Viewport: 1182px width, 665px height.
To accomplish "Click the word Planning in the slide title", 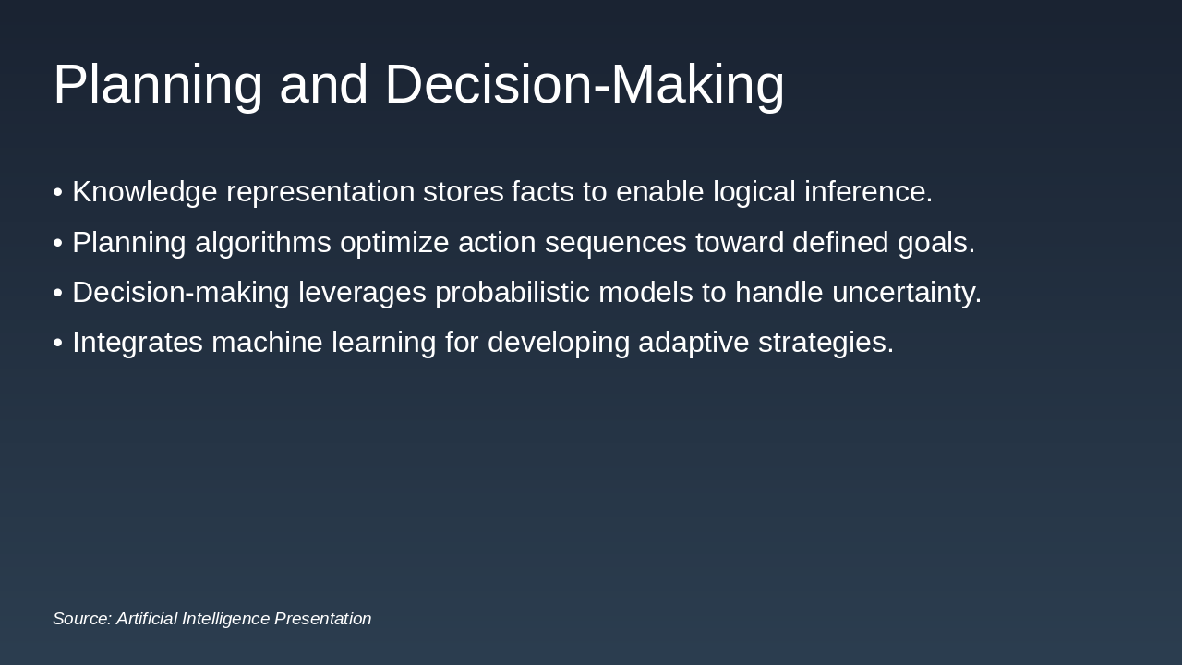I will (x=158, y=85).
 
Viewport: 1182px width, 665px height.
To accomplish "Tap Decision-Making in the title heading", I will (x=585, y=85).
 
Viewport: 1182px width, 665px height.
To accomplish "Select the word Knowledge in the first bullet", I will (x=145, y=192).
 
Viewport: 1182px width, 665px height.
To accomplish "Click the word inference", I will (x=868, y=192).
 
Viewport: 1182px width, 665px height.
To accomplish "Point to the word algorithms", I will (x=262, y=243).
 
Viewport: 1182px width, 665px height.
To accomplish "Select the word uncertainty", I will (x=906, y=293).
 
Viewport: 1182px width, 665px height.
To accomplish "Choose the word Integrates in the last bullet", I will (x=138, y=343).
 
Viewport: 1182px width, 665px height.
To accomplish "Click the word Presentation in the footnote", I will (x=322, y=619).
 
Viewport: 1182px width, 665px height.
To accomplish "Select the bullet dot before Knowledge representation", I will (x=58, y=193).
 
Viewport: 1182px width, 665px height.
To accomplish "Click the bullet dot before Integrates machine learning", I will (x=58, y=344).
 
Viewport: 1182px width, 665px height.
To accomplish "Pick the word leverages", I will (x=362, y=293).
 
